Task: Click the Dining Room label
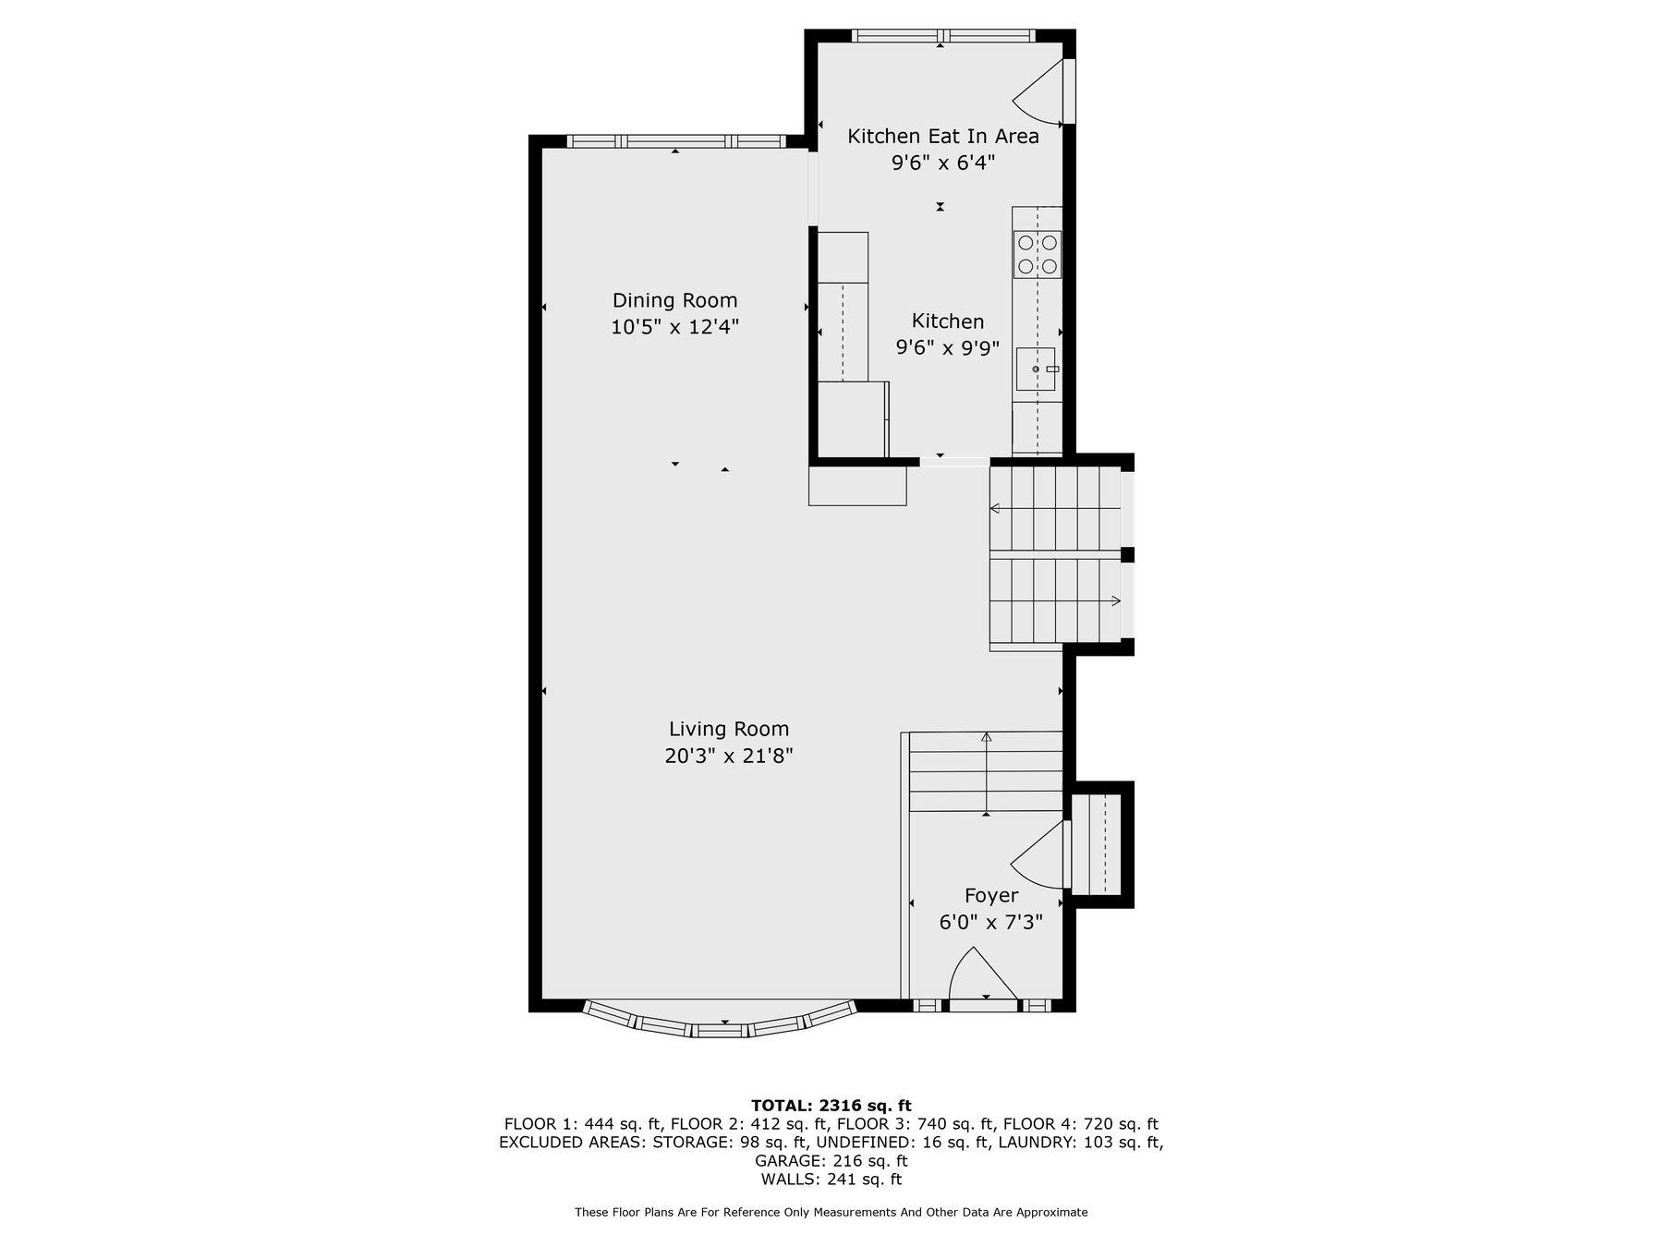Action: (x=674, y=300)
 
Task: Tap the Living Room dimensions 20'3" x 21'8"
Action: (x=729, y=757)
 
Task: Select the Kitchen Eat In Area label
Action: (x=942, y=137)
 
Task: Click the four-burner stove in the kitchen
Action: (x=1038, y=255)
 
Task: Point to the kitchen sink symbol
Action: (x=1037, y=369)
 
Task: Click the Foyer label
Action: (x=990, y=896)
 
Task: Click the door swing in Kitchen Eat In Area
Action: (x=1040, y=92)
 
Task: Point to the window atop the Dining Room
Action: (x=675, y=141)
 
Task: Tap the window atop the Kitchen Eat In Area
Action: (x=941, y=36)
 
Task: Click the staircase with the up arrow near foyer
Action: (x=986, y=772)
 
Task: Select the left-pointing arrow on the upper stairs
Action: (x=996, y=508)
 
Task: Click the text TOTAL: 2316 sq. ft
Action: (x=831, y=1106)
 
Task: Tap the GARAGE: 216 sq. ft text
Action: (x=831, y=1161)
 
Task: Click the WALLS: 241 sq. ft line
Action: (x=831, y=1180)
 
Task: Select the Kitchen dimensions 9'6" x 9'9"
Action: (x=947, y=348)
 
